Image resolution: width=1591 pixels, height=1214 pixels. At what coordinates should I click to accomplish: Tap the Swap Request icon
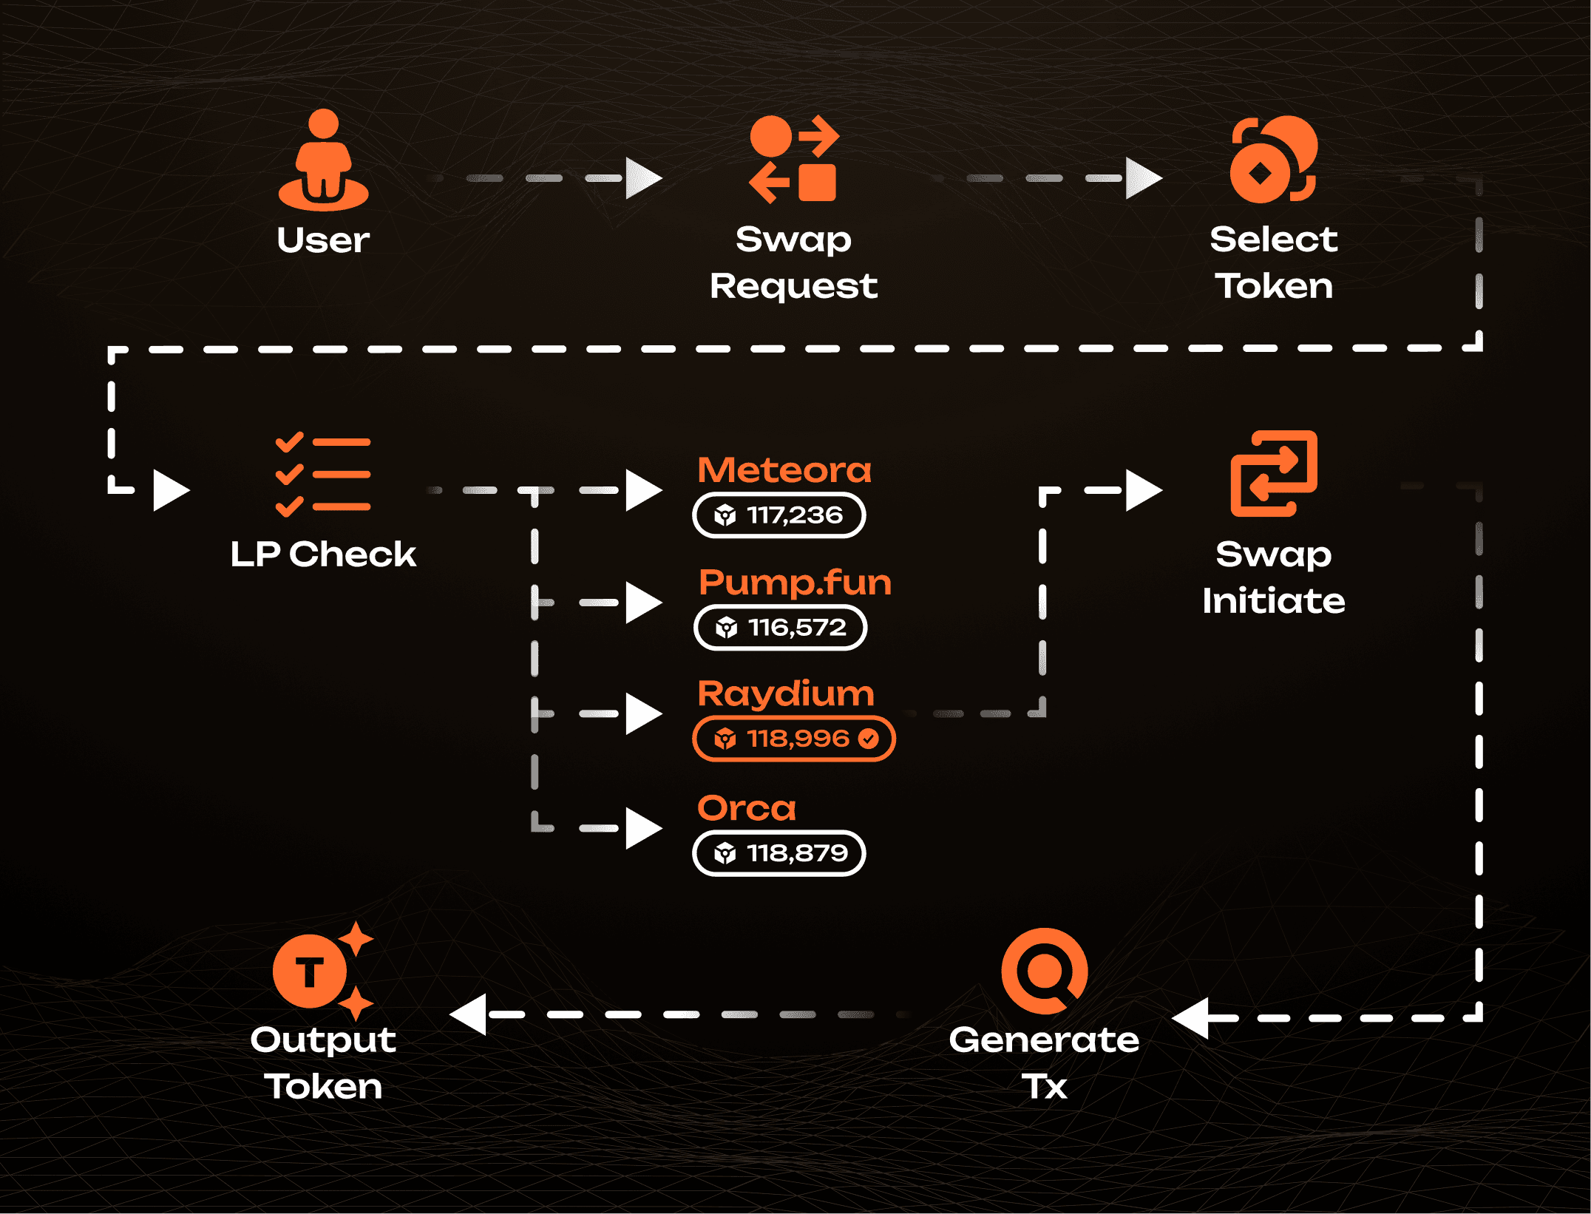(794, 159)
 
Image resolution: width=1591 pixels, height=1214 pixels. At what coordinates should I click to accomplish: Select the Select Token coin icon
(1273, 159)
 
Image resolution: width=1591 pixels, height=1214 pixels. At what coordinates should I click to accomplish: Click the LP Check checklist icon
(323, 474)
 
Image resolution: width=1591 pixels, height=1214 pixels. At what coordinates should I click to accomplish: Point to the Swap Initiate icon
(1273, 473)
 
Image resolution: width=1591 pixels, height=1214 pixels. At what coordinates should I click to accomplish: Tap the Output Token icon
(323, 971)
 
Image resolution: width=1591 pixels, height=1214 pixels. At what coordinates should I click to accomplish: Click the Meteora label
(784, 470)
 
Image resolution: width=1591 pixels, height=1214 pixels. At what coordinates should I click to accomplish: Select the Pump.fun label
(795, 583)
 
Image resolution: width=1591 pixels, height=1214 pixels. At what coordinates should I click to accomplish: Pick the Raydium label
(786, 694)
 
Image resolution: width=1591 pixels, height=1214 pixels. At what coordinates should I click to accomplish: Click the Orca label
(747, 808)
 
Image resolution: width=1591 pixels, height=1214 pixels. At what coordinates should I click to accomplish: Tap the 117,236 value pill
(779, 515)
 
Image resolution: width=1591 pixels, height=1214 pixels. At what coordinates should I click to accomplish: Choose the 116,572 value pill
(781, 628)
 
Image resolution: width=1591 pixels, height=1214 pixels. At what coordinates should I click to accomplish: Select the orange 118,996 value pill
(793, 739)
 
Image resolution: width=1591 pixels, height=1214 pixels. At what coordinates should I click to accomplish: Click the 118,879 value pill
(779, 853)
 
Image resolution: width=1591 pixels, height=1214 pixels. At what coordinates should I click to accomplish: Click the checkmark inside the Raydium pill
(869, 739)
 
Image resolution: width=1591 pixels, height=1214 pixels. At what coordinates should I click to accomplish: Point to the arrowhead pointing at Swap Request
(642, 178)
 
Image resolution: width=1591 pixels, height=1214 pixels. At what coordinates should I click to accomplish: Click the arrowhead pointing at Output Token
(469, 1014)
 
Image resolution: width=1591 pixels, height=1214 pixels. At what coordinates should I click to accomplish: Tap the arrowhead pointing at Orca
(642, 828)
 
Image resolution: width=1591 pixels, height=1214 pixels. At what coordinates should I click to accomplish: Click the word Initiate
(1273, 600)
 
